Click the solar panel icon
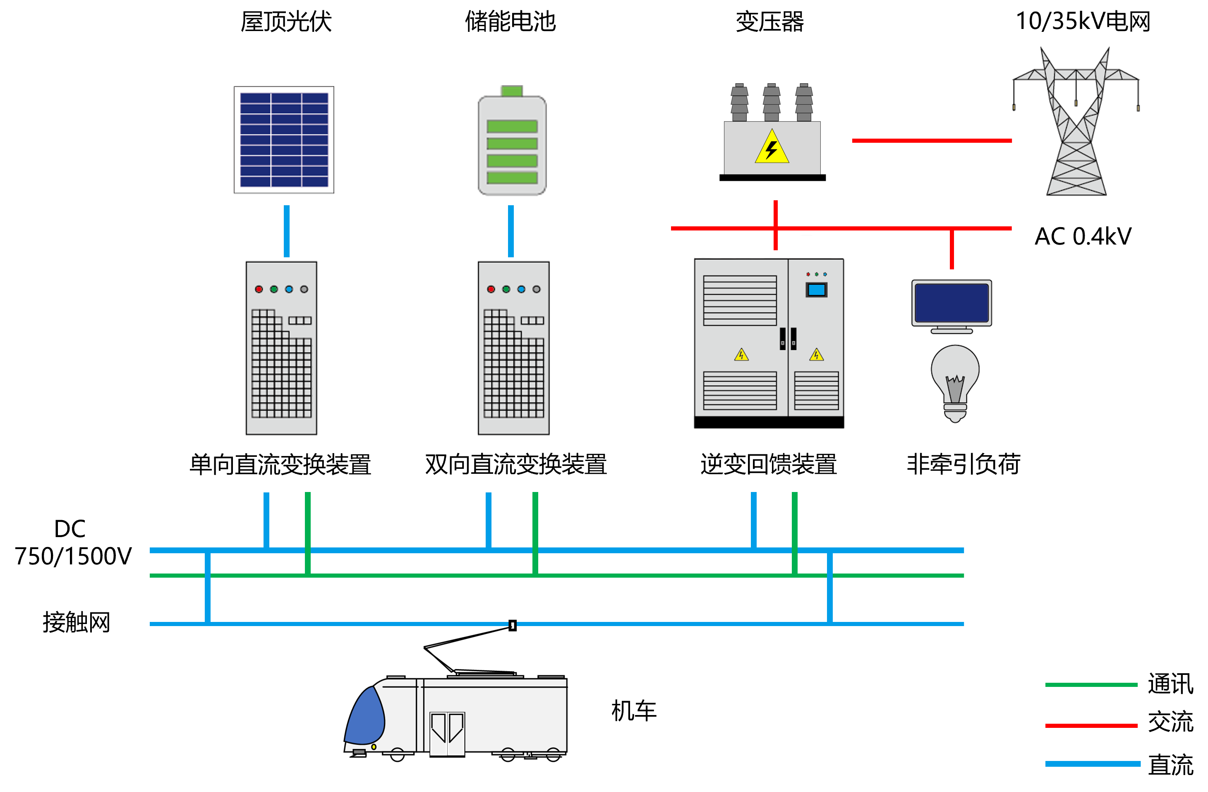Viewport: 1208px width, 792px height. (284, 139)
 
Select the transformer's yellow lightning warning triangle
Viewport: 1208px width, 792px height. (772, 148)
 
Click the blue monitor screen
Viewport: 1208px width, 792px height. (951, 302)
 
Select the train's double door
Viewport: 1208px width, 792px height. (447, 734)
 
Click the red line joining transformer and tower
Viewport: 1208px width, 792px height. (932, 141)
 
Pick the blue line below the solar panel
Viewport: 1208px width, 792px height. (287, 231)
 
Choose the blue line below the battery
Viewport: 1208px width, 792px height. (511, 231)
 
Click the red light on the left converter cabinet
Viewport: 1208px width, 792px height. (259, 289)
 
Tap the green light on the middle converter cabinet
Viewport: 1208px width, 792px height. (506, 289)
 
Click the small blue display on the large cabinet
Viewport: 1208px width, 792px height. (816, 290)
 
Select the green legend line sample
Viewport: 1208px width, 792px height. (1091, 685)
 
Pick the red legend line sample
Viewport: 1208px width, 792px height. (1091, 725)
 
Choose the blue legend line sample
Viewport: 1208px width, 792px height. (1092, 763)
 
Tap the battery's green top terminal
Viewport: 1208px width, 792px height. (512, 91)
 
